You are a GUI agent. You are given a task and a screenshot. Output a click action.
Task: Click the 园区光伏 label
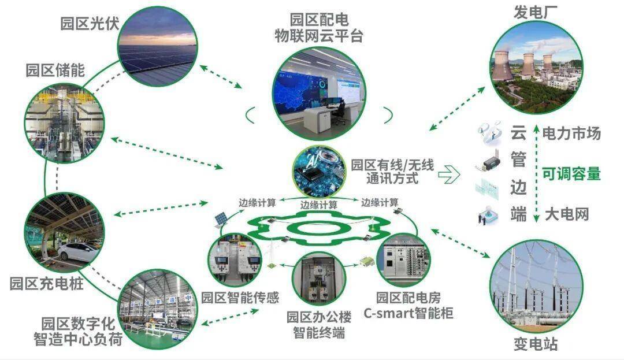click(x=90, y=24)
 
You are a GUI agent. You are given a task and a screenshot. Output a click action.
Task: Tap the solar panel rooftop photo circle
click(x=158, y=46)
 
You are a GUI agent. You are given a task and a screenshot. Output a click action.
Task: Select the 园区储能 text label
click(x=55, y=70)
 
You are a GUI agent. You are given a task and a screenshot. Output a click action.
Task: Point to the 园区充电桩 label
click(x=47, y=283)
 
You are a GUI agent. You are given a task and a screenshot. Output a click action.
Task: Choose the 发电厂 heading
click(x=535, y=12)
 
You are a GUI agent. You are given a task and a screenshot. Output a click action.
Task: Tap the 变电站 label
click(x=535, y=344)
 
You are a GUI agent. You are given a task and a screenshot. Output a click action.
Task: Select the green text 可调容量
click(x=571, y=174)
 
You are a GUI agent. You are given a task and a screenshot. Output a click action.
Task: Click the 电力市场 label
click(x=571, y=133)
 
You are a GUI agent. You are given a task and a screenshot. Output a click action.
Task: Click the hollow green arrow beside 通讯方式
click(x=449, y=174)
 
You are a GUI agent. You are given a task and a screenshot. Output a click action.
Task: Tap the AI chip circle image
click(x=319, y=172)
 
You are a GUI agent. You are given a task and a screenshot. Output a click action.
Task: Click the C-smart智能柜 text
click(x=408, y=313)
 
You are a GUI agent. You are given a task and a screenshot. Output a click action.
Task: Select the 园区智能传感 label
click(x=240, y=297)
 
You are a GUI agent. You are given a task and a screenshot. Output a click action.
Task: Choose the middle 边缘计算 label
click(x=318, y=205)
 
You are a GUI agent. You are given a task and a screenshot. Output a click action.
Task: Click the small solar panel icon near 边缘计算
click(x=222, y=219)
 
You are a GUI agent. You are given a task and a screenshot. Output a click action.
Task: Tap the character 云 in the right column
click(x=518, y=132)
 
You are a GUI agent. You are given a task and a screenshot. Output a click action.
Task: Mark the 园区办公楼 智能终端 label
click(x=319, y=325)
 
